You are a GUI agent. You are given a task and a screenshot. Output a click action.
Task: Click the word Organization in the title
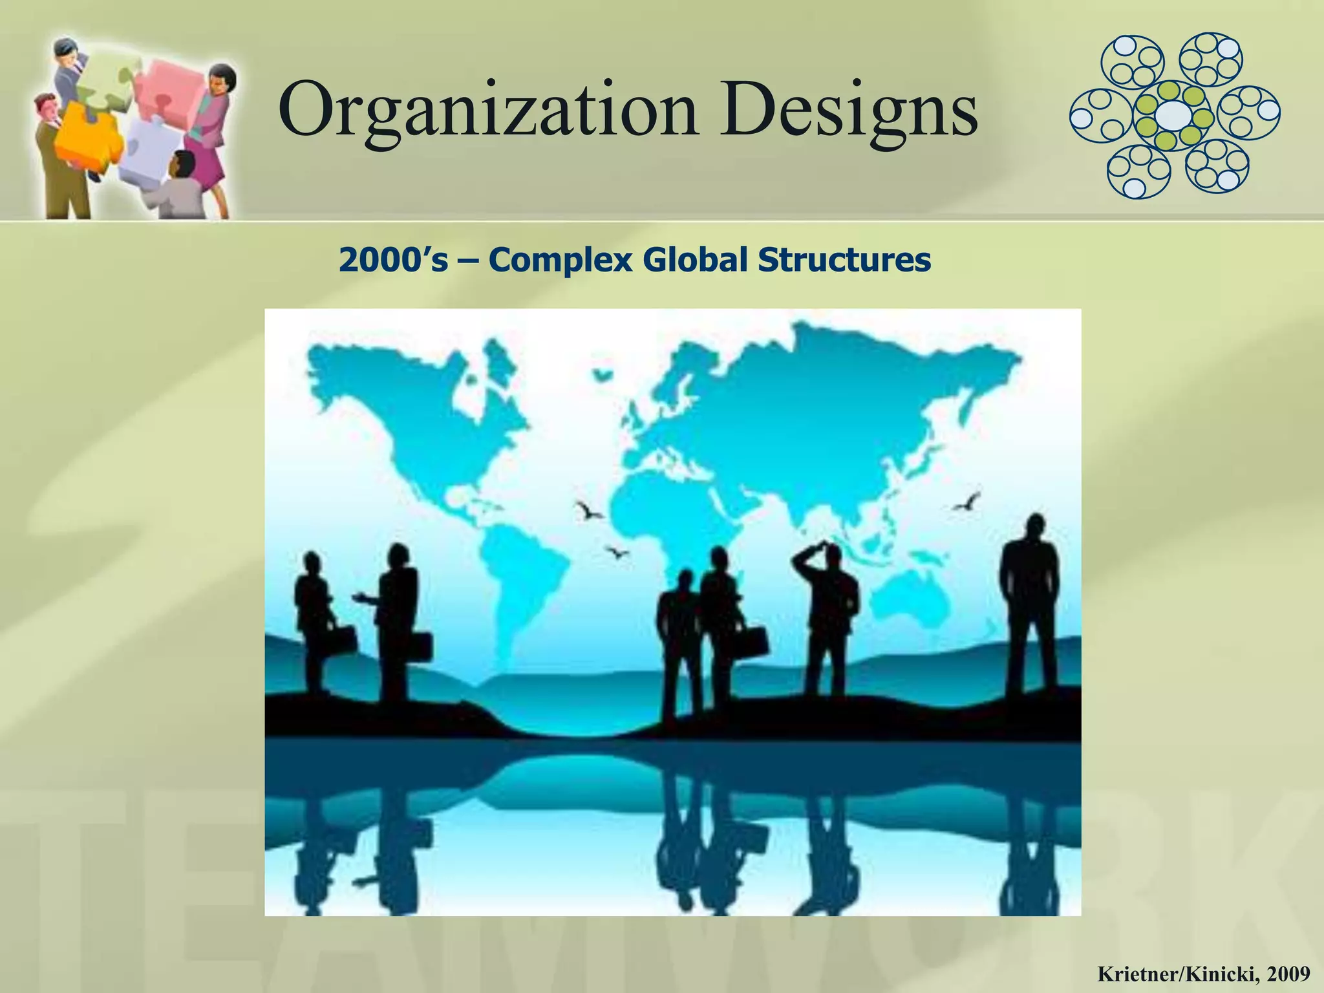click(x=488, y=110)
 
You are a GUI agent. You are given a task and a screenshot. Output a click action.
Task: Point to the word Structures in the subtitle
click(x=844, y=260)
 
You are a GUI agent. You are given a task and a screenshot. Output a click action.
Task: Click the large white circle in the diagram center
click(x=1173, y=116)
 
